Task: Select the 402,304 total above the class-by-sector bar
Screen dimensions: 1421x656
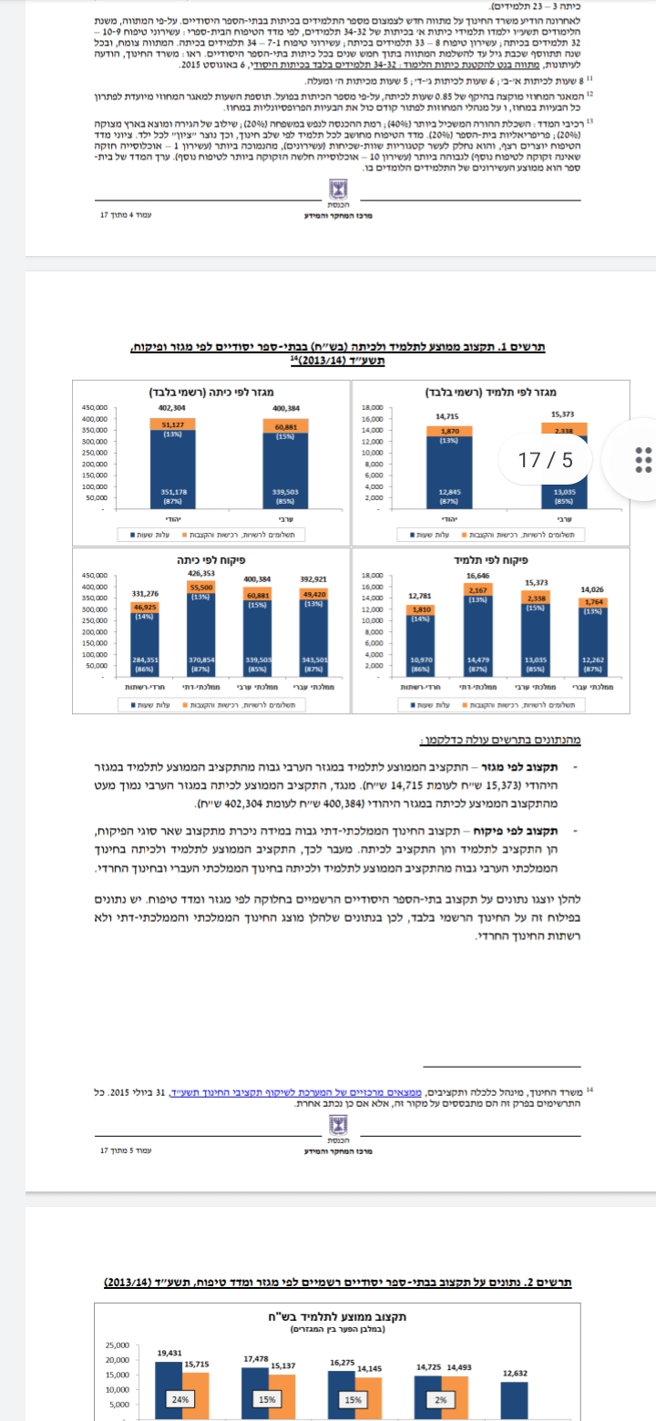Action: (x=172, y=407)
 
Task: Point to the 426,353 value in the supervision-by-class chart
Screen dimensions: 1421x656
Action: (x=201, y=574)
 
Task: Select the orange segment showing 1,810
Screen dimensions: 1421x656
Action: (x=421, y=608)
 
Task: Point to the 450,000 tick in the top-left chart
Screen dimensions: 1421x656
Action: (x=96, y=408)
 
